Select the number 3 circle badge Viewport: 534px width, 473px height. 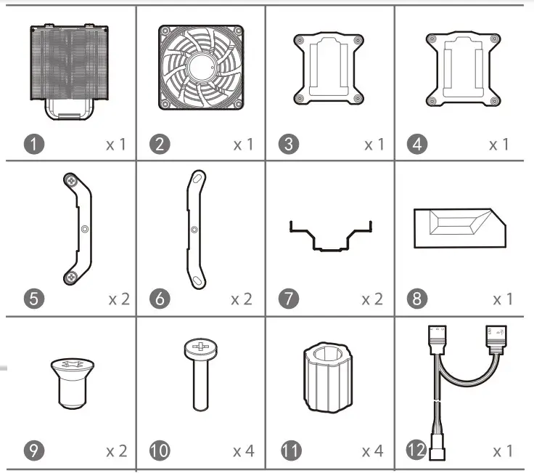[289, 144]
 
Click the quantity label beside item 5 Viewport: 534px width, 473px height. [119, 299]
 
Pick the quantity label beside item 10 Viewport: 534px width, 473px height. [244, 451]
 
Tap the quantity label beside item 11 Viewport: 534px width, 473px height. [371, 451]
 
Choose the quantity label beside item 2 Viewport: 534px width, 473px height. [244, 145]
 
